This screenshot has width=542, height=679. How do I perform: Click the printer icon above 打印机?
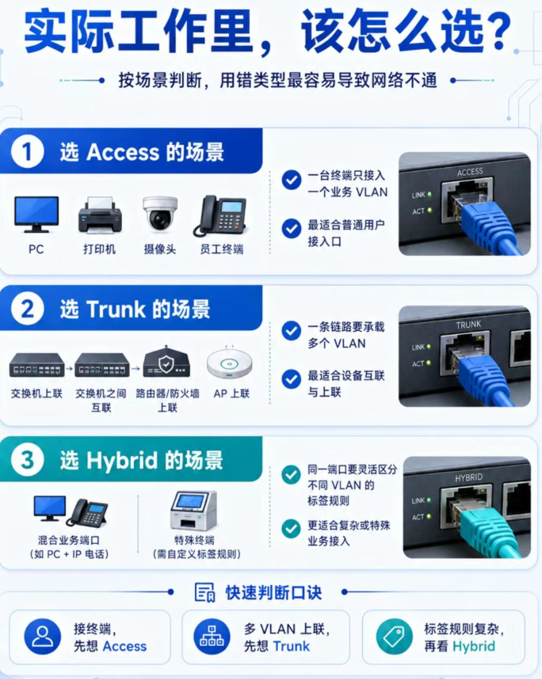tap(100, 215)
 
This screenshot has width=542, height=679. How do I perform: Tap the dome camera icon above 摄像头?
tap(160, 214)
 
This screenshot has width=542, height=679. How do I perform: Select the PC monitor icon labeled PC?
tap(37, 214)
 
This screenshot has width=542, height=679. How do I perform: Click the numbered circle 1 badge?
tap(27, 152)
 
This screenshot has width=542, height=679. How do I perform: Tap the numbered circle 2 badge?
tap(27, 309)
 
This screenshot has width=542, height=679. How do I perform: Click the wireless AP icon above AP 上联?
tap(229, 363)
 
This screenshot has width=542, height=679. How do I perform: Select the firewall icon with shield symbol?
tap(166, 362)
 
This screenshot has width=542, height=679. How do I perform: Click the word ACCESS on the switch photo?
tap(469, 172)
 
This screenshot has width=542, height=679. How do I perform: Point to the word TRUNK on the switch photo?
tap(468, 325)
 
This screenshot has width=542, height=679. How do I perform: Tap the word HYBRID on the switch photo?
tap(469, 477)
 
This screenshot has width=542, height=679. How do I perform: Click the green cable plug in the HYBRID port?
tap(483, 530)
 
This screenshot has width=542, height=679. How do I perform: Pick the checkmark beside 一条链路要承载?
tap(291, 331)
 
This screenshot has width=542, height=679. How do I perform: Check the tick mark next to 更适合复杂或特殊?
tap(291, 529)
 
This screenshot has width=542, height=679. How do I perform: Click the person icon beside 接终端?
tap(43, 636)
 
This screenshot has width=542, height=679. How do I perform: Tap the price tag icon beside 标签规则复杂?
tap(394, 636)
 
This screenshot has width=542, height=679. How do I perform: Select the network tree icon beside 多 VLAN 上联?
tap(212, 636)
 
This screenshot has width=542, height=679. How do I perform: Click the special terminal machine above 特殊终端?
tap(193, 510)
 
